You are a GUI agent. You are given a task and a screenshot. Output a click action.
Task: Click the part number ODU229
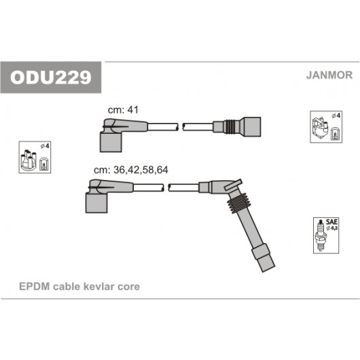coord(51,77)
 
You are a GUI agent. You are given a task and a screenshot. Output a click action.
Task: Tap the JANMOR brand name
coord(329,75)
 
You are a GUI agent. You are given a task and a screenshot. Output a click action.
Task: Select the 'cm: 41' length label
coord(123,110)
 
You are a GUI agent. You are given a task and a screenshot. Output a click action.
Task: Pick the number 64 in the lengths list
coord(162,170)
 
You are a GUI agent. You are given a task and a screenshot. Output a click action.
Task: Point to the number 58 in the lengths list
coord(147,170)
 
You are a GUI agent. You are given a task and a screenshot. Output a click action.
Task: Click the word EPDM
coord(35,287)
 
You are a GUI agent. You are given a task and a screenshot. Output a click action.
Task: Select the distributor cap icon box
coord(35,158)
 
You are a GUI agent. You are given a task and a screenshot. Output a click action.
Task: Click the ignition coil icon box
coord(326,127)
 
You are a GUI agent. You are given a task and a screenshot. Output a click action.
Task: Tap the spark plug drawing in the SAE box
coord(320,236)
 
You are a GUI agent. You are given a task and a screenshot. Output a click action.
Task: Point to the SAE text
coord(331,222)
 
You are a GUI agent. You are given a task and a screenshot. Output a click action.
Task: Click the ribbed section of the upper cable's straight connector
coord(231,127)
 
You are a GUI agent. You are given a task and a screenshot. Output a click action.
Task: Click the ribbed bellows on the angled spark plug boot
coord(239,203)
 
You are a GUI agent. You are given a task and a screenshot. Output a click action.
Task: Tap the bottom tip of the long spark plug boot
coord(268,269)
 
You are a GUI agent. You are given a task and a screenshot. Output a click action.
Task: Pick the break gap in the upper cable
coord(181,127)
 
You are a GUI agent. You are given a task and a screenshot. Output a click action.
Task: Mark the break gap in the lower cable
coord(166,187)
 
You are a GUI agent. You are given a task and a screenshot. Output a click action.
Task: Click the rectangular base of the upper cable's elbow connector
coord(111,143)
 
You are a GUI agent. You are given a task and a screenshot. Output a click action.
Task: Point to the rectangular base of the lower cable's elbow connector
coord(96,203)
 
